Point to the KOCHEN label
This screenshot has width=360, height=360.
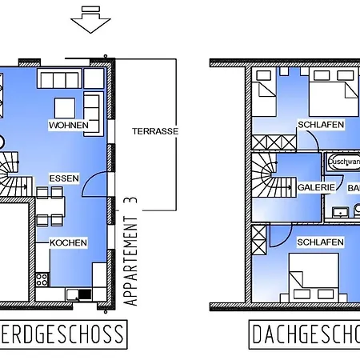pos(68,242)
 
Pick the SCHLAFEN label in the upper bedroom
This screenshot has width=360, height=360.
pos(321,125)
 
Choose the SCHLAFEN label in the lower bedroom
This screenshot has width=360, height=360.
pos(320,241)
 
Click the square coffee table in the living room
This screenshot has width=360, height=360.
pos(66,106)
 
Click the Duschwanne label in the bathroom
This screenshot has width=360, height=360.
pos(343,161)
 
